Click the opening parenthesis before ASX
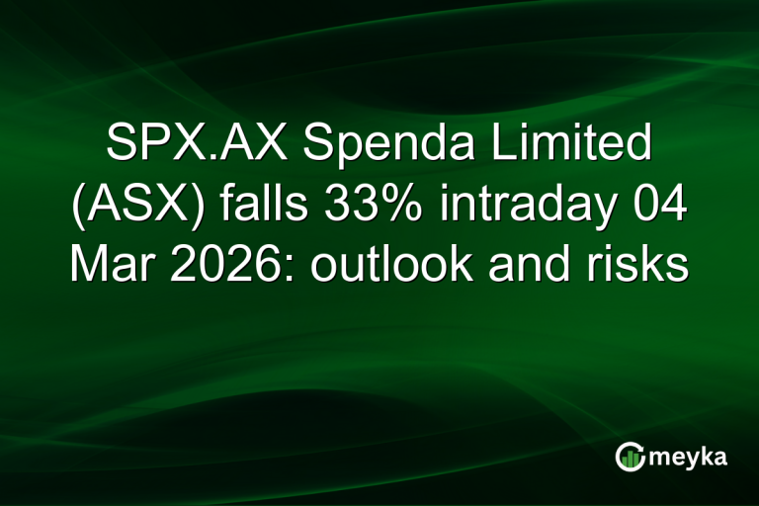pyautogui.click(x=75, y=210)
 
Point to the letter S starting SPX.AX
pyautogui.click(x=120, y=149)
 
